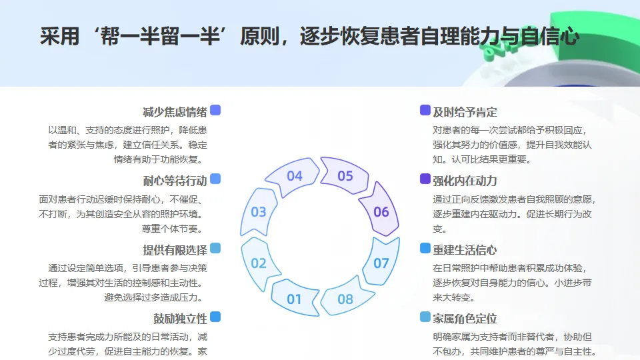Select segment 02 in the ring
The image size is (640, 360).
click(x=259, y=263)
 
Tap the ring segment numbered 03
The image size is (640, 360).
click(x=259, y=212)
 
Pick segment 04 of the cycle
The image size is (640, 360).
click(x=294, y=176)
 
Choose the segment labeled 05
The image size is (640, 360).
click(x=345, y=176)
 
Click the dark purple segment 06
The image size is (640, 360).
click(x=381, y=212)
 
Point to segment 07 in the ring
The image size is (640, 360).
click(x=381, y=263)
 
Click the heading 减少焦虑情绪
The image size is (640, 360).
click(x=175, y=111)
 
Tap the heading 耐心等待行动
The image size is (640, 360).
click(x=175, y=181)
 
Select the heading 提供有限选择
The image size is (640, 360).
click(x=175, y=250)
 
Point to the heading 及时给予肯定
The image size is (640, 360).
click(x=465, y=111)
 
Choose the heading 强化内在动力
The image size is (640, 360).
click(x=465, y=181)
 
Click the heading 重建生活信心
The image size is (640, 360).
click(x=465, y=250)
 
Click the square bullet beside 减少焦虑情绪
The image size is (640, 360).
click(x=215, y=110)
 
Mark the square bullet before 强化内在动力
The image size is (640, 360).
click(x=425, y=179)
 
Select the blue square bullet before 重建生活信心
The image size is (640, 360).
click(x=425, y=248)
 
